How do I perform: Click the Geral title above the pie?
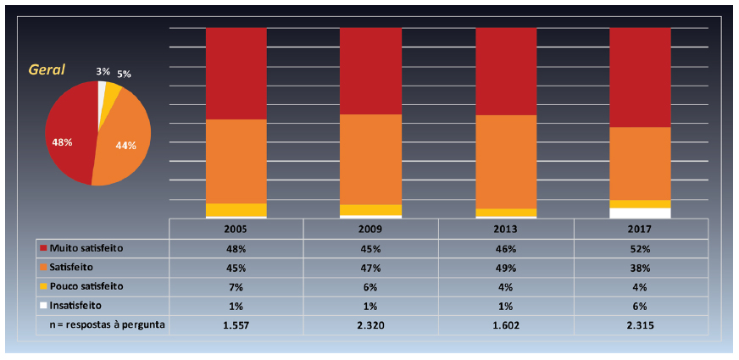coord(47,69)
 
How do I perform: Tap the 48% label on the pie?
coord(62,142)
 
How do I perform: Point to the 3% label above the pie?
coord(103,72)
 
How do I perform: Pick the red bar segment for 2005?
coord(236,74)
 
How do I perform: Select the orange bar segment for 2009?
coord(370,159)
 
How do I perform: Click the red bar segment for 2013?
coord(506,71)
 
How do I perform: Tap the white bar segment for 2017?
coord(641,213)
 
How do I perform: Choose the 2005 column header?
coord(236,230)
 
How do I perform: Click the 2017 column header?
coord(641,230)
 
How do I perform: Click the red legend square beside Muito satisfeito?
coord(42,249)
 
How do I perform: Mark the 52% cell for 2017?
coord(641,249)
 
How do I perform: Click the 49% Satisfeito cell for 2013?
coord(506,268)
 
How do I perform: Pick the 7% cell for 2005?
coord(236,287)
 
